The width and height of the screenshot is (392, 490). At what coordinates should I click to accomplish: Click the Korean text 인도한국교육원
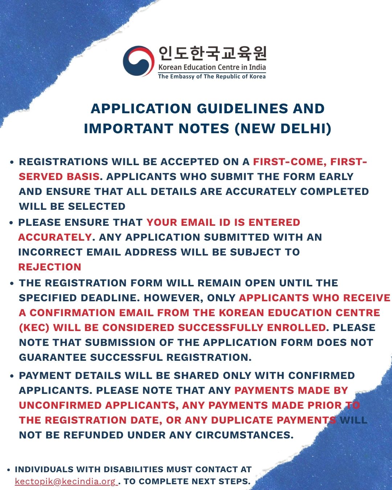[212, 53]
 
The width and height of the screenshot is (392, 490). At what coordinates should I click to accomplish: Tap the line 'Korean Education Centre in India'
[212, 67]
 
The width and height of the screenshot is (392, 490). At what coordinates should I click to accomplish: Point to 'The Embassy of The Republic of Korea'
[212, 77]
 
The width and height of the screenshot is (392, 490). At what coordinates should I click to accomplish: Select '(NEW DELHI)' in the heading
[283, 128]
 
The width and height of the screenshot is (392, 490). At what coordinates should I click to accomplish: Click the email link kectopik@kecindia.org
[65, 481]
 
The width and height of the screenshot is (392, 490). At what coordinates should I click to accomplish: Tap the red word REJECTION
[50, 267]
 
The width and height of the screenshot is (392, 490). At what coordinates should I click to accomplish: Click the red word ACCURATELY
[55, 237]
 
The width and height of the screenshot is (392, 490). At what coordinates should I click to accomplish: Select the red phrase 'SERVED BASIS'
[59, 177]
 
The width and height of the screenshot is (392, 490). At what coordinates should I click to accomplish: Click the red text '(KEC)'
[34, 327]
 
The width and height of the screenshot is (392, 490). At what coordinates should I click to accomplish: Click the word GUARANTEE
[52, 357]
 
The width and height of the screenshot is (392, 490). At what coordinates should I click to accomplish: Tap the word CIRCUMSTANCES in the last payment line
[244, 435]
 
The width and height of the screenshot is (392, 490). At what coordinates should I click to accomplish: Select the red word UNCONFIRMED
[60, 405]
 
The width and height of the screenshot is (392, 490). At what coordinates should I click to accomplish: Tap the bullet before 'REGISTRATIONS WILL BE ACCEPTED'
[12, 162]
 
